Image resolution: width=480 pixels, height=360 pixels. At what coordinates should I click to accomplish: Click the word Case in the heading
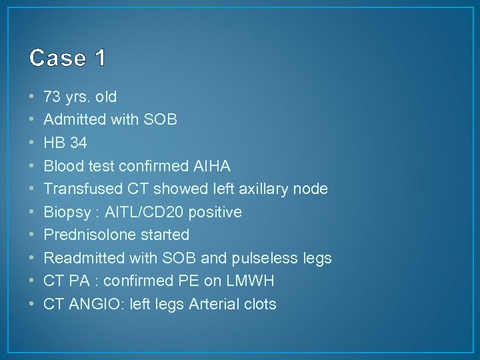point(57,59)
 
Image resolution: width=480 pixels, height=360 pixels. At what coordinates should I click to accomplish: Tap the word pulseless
point(263,258)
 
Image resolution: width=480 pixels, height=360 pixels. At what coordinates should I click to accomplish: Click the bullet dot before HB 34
point(33,143)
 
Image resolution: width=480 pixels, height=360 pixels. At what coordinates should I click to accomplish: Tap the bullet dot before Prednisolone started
point(33,235)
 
